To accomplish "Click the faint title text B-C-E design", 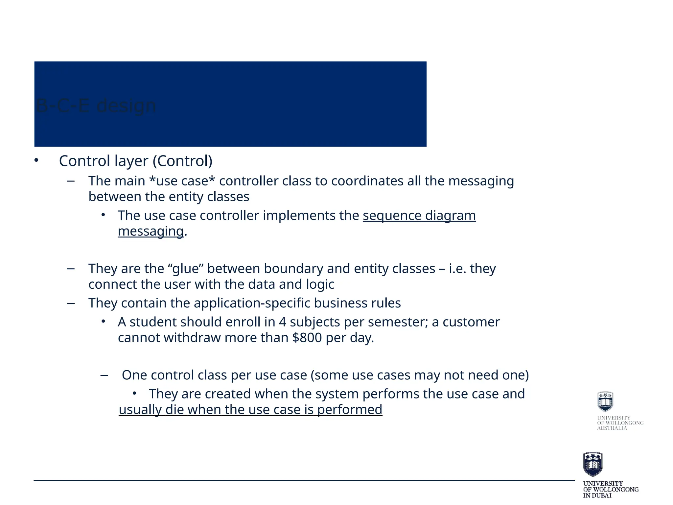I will click(x=96, y=106).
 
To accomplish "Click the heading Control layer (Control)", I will click(x=135, y=161).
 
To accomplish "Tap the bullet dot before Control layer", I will click(x=36, y=160).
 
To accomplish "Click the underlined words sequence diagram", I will click(x=419, y=216).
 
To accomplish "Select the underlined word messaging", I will click(x=151, y=231).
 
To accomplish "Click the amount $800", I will click(x=307, y=338).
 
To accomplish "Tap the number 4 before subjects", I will click(x=282, y=322).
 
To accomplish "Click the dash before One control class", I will click(x=104, y=375).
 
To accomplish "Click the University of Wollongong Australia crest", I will click(x=605, y=401).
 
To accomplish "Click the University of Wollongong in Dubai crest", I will click(x=592, y=464).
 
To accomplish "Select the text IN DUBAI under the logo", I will click(x=597, y=495).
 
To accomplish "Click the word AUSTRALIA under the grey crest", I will click(x=612, y=428).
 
